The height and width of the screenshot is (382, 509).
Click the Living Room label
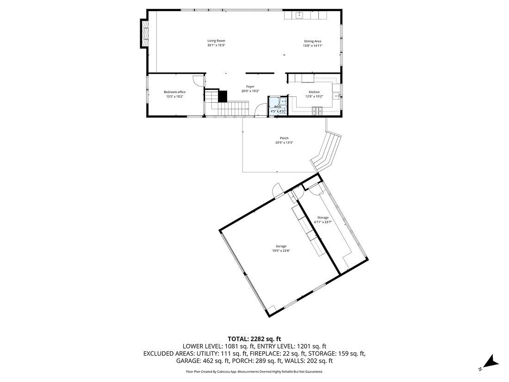click(216, 41)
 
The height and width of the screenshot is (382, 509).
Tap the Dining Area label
click(312, 41)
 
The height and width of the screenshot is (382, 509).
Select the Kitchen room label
click(314, 92)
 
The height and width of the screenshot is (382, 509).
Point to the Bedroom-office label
click(174, 92)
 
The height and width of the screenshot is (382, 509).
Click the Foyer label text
click(250, 87)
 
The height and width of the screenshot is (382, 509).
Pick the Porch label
click(284, 138)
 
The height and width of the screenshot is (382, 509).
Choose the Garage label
click(281, 246)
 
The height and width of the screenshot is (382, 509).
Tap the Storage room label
click(323, 218)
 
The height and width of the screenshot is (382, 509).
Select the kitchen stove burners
click(317, 111)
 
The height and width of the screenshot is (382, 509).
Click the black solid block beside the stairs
click(223, 96)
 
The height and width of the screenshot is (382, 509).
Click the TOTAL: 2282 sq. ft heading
click(254, 338)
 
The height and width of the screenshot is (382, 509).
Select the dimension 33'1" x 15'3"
click(216, 45)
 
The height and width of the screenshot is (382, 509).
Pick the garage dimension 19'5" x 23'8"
click(281, 250)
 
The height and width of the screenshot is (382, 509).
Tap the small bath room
click(278, 105)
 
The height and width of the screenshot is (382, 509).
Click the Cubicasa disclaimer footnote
click(254, 371)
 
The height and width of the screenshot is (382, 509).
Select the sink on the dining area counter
click(299, 15)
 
